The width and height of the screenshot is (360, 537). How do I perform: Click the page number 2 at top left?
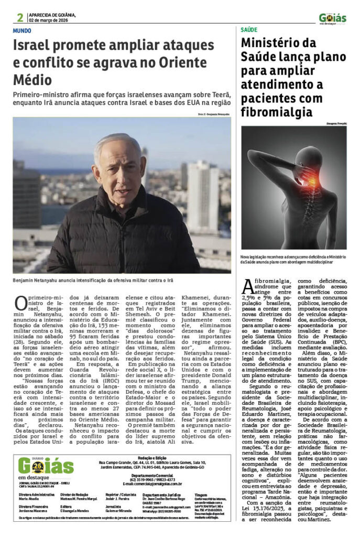pos(20,17)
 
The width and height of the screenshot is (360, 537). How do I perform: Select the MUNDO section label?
pos(23,30)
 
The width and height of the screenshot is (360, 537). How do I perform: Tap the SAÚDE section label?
pos(249,30)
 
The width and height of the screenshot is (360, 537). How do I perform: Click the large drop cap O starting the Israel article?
pos(21,304)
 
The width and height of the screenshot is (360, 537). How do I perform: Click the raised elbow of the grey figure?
pos(257,156)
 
